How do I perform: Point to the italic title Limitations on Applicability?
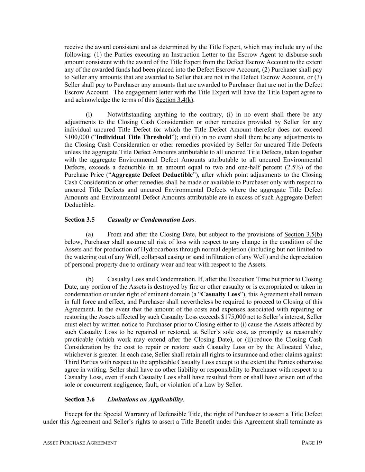tap(145, 399)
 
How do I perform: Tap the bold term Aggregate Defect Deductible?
tap(152, 175)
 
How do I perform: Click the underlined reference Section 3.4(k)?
tap(175, 100)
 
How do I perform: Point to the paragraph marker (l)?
tap(89, 115)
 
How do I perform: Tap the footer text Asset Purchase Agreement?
tap(80, 443)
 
